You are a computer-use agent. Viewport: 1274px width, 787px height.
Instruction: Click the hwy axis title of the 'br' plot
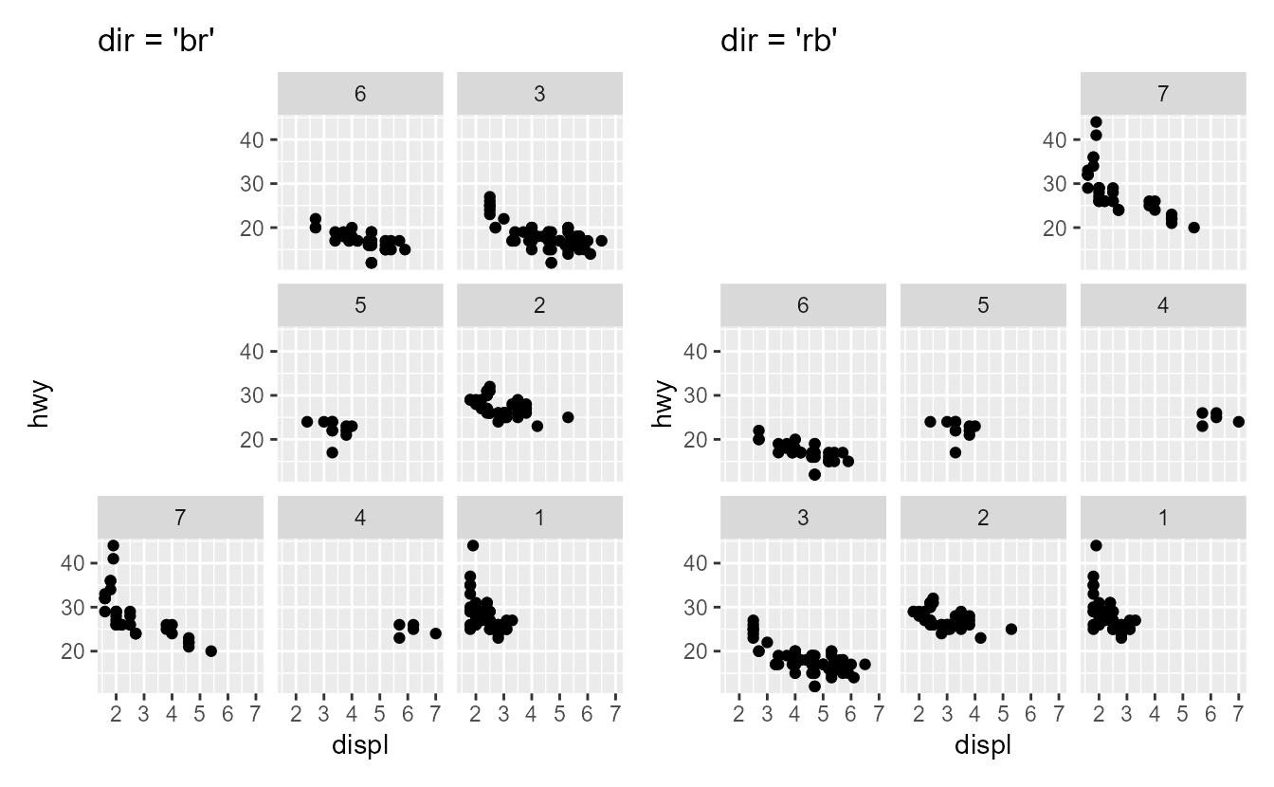tap(39, 405)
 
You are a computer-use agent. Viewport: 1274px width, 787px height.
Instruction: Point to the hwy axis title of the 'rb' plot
tap(663, 405)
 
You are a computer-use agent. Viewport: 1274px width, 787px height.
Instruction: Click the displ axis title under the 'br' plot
tap(360, 746)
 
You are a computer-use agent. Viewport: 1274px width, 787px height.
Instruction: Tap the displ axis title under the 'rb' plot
tap(983, 746)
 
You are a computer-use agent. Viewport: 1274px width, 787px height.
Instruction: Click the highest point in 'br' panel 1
tap(472, 545)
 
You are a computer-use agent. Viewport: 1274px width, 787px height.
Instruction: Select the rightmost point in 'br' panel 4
tap(435, 633)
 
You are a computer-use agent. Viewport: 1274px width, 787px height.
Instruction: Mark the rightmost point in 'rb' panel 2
tap(1011, 629)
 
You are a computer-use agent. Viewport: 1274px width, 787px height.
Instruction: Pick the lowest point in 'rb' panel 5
tap(955, 452)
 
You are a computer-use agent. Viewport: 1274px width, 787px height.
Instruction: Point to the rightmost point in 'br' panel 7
tap(210, 651)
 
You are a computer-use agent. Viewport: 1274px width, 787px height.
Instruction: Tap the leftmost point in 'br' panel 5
tap(307, 421)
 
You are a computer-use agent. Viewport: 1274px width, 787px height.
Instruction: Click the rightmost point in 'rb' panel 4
tap(1238, 421)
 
